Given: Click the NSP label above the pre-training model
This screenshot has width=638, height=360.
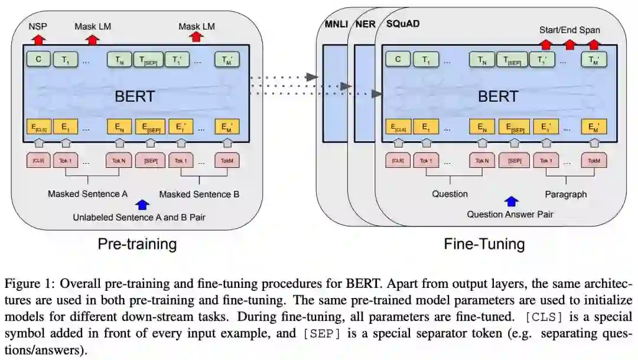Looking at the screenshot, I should [x=37, y=27].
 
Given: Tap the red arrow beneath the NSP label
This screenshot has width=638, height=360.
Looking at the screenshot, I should [x=38, y=39].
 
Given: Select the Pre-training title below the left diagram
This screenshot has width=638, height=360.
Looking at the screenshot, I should [x=137, y=243].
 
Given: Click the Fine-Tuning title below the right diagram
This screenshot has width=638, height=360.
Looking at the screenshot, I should [x=484, y=243].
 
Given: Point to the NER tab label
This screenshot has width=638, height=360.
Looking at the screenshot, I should [x=364, y=24].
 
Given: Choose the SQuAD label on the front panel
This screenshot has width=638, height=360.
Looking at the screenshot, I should [x=404, y=24].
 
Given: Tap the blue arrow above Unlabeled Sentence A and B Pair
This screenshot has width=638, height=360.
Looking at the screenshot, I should [x=142, y=205].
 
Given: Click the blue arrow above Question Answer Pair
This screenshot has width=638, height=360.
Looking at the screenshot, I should [x=511, y=202].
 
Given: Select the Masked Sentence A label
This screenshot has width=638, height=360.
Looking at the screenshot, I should [x=87, y=193].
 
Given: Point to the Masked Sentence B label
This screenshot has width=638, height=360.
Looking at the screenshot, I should [x=199, y=193].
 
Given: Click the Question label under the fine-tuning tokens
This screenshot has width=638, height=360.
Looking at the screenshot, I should [x=450, y=193].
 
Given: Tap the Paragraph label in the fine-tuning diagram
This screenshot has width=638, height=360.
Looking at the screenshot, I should [x=565, y=193].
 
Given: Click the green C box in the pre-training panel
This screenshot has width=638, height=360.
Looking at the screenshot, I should [x=38, y=59].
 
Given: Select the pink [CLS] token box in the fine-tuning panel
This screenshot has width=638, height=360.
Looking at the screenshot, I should [x=398, y=160].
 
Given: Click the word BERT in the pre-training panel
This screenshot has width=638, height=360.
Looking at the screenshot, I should [x=135, y=96].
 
